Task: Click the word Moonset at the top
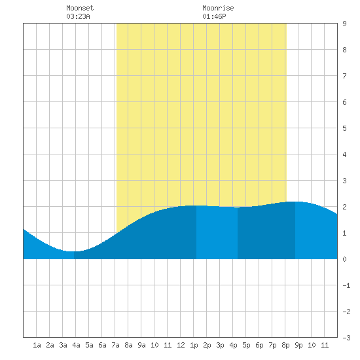[x=80, y=8]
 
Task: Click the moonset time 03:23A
[x=78, y=16]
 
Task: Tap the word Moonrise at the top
[x=218, y=8]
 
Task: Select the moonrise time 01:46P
[x=214, y=16]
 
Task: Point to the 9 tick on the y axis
[x=344, y=24]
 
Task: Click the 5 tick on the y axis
[x=344, y=128]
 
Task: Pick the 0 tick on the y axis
[x=344, y=259]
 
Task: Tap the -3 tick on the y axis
[x=346, y=338]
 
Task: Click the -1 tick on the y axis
[x=346, y=285]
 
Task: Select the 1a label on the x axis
[x=37, y=345]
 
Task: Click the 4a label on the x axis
[x=76, y=345]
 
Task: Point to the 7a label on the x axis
[x=115, y=345]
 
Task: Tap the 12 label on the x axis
[x=181, y=345]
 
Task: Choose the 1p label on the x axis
[x=194, y=345]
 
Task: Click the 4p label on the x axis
[x=233, y=345]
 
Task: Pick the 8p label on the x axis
[x=285, y=345]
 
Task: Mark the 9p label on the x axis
[x=298, y=345]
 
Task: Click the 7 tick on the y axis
[x=344, y=76]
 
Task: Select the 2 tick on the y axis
[x=344, y=207]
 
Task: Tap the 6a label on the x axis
[x=102, y=345]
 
